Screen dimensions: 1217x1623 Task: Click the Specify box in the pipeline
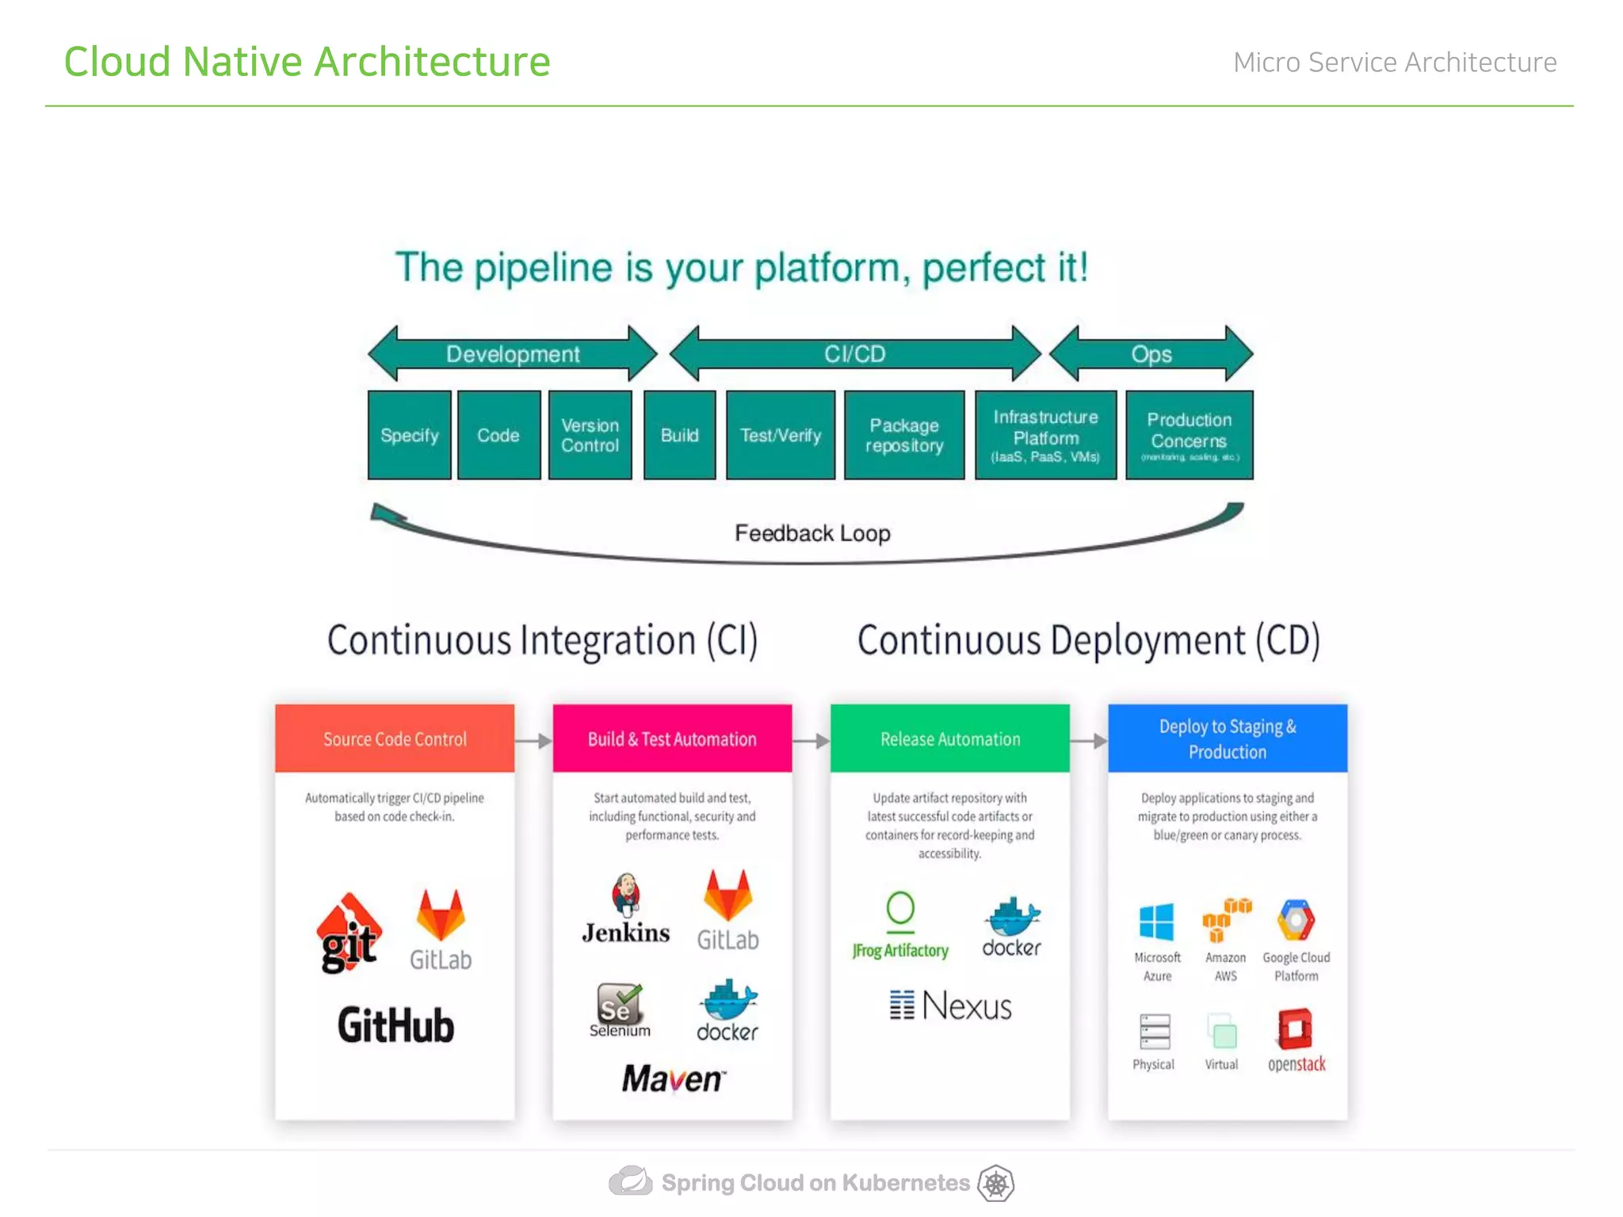[x=409, y=435]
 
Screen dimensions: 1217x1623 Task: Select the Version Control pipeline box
[x=590, y=435]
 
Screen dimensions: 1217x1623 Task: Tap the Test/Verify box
[x=780, y=435]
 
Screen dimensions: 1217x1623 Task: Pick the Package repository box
[x=903, y=435]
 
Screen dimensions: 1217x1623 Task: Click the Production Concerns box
[x=1189, y=435]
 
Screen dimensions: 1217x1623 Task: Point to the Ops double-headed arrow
[x=1151, y=353]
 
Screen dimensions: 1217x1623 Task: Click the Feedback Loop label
[x=812, y=533]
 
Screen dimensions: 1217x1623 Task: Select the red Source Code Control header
[x=395, y=738]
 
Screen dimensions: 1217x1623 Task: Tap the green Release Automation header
[x=949, y=738]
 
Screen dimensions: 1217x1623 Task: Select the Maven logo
[x=673, y=1078]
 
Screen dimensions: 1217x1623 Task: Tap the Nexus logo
[x=950, y=1006]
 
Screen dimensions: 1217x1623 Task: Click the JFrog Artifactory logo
[x=900, y=924]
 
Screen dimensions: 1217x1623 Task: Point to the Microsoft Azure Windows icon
[x=1156, y=921]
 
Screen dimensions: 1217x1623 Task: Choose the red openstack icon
[x=1295, y=1029]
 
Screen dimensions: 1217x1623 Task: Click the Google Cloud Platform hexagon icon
[x=1296, y=921]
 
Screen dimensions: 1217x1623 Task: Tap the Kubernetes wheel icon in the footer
[x=995, y=1184]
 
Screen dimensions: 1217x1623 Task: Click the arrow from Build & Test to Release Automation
[x=811, y=741]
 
